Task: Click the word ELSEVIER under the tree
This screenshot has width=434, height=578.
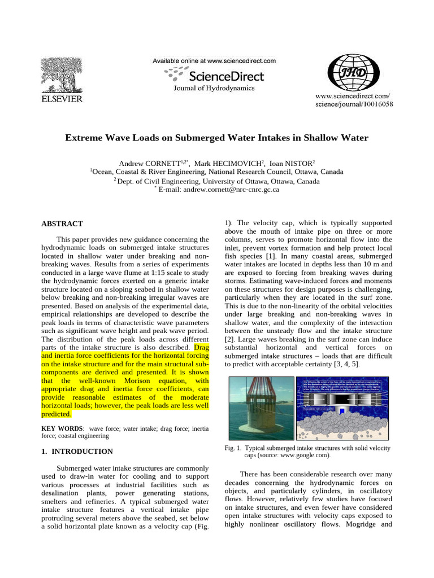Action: pos(59,99)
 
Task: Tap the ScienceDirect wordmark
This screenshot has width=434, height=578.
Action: pos(226,75)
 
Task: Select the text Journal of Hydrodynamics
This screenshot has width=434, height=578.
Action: pos(214,87)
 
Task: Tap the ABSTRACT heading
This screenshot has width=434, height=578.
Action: pos(62,224)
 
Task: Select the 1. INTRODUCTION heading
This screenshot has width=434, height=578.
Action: pos(77,452)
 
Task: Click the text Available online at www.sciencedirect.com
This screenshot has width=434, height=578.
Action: pos(214,60)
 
